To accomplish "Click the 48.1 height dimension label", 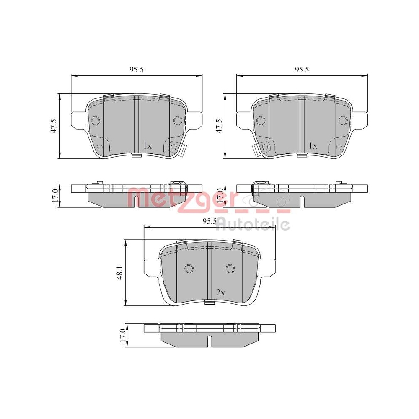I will click(x=120, y=272).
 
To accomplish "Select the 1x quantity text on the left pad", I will click(x=147, y=146).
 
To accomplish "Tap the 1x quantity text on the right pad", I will click(x=312, y=146).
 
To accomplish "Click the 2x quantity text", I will click(x=221, y=293).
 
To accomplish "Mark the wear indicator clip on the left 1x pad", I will click(x=183, y=150).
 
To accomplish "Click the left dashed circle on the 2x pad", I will click(x=189, y=269).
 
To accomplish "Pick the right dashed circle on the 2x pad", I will click(x=230, y=269).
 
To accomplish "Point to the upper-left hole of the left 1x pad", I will click(x=96, y=121).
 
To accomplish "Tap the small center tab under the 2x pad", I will click(x=208, y=303).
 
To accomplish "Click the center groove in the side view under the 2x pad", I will click(x=209, y=341).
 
